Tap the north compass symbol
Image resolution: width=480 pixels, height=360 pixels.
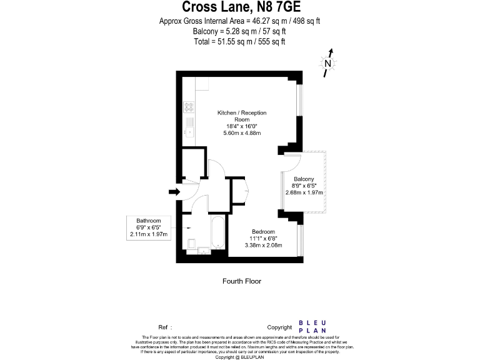(x=328, y=62)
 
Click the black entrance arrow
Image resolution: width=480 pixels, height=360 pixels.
(x=173, y=192)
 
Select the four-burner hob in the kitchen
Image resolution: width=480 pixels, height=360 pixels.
(x=188, y=107)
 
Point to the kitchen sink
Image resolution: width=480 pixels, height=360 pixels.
(x=188, y=130)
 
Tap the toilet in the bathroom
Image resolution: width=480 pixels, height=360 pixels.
(x=192, y=242)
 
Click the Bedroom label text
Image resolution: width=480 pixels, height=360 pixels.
(x=263, y=232)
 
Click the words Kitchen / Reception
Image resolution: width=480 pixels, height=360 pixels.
(x=242, y=113)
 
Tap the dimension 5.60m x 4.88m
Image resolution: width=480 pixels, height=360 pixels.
(x=242, y=133)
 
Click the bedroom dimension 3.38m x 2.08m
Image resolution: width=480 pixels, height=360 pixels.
(x=263, y=245)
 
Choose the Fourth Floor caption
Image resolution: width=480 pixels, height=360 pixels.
(x=242, y=281)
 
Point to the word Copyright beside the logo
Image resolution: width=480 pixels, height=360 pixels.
(x=279, y=327)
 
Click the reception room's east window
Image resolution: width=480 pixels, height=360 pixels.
(x=300, y=99)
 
